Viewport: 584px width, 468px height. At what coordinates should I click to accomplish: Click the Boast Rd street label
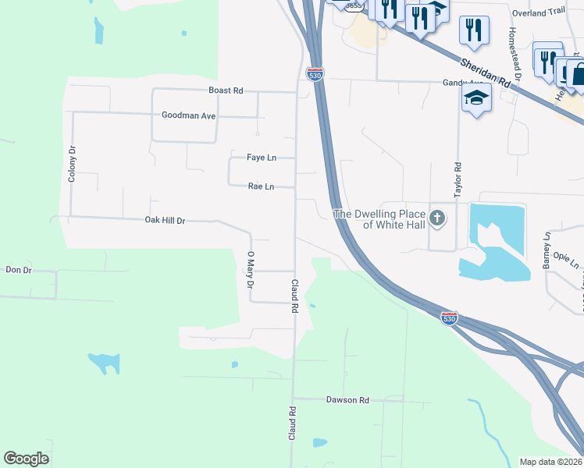[226, 90]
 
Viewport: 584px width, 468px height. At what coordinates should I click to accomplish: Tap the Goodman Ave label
[188, 115]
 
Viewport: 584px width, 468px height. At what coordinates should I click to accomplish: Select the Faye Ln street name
[262, 158]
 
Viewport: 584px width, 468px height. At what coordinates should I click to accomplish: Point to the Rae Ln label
[261, 186]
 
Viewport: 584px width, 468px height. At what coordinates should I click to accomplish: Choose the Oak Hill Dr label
[165, 221]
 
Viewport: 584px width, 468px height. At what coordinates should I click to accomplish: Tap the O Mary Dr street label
[251, 270]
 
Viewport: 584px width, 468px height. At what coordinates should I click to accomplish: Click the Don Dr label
[18, 270]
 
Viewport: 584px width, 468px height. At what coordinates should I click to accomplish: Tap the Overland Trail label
[538, 12]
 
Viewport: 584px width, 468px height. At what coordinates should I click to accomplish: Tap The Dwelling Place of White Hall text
[379, 219]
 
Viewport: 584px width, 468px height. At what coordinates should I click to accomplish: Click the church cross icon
[438, 218]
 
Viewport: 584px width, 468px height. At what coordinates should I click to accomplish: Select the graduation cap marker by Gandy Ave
[475, 99]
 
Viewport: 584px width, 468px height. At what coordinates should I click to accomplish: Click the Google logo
[26, 459]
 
